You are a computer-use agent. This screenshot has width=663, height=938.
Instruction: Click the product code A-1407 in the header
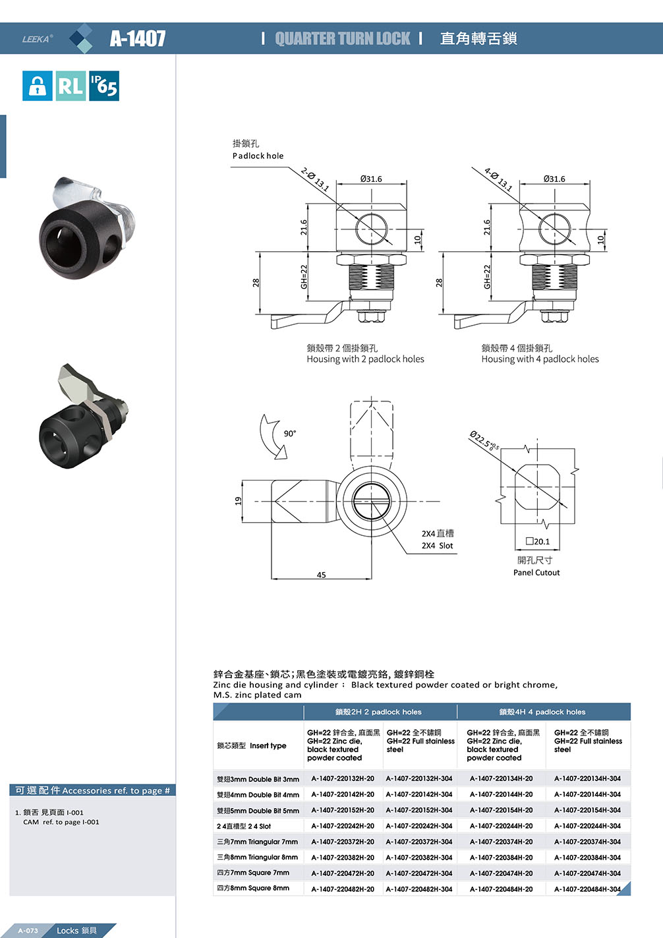coord(138,38)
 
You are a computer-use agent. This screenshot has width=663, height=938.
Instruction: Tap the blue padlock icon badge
coord(37,86)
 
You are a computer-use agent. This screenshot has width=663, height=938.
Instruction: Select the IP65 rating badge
coord(104,86)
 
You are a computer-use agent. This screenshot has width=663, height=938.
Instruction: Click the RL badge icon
coord(71,86)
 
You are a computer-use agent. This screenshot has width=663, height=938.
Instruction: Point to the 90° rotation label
coord(290,433)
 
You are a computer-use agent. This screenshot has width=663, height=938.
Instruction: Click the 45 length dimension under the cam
coord(321,575)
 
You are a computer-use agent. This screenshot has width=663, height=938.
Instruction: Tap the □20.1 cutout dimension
coord(537,541)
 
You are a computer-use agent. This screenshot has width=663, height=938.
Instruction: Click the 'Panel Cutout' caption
coord(536,572)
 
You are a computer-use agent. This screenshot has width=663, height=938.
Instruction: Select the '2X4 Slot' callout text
coord(438,545)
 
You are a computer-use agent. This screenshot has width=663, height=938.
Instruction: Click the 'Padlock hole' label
coord(258,156)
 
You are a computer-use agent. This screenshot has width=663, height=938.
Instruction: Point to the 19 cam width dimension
coord(239,501)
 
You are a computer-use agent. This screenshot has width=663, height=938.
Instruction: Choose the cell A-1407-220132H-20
coord(343,778)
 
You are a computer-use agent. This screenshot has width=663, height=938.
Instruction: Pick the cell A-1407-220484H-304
coord(587,889)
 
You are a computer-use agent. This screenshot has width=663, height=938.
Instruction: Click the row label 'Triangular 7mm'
coord(257,842)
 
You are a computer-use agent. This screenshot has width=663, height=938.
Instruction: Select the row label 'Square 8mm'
coord(253,888)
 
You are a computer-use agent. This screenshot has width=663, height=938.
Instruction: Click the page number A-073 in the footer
coord(28,931)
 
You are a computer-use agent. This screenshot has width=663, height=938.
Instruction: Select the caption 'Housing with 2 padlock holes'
coord(365,359)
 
